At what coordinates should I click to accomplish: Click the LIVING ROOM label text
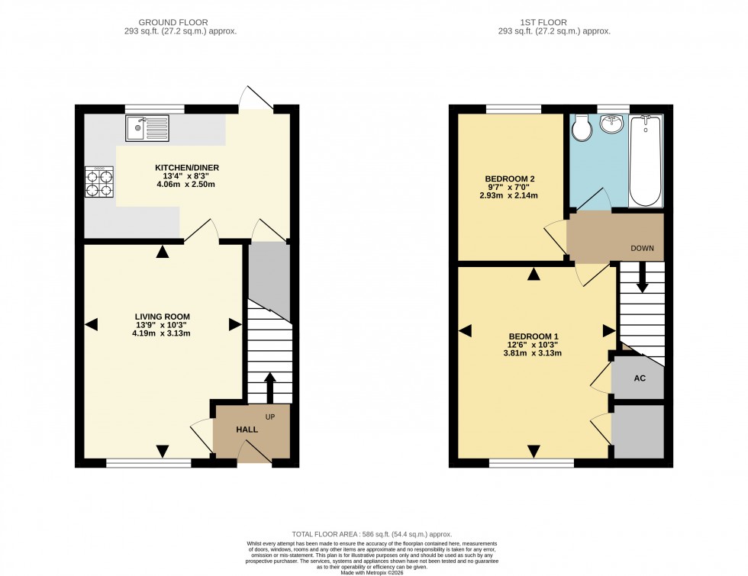pyautogui.click(x=162, y=316)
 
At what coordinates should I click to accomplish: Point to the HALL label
pyautogui.click(x=247, y=430)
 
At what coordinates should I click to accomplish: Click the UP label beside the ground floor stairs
pyautogui.click(x=271, y=417)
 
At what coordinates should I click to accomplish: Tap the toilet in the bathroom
pyautogui.click(x=582, y=127)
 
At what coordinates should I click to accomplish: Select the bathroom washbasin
pyautogui.click(x=611, y=124)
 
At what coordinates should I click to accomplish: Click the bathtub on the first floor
pyautogui.click(x=646, y=160)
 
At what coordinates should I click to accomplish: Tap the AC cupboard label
pyautogui.click(x=640, y=378)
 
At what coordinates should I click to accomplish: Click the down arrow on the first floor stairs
pyautogui.click(x=642, y=278)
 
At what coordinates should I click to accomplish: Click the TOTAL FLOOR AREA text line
pyautogui.click(x=372, y=534)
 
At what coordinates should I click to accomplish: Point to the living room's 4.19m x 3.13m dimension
pyautogui.click(x=162, y=333)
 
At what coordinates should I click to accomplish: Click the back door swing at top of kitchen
pyautogui.click(x=256, y=97)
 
